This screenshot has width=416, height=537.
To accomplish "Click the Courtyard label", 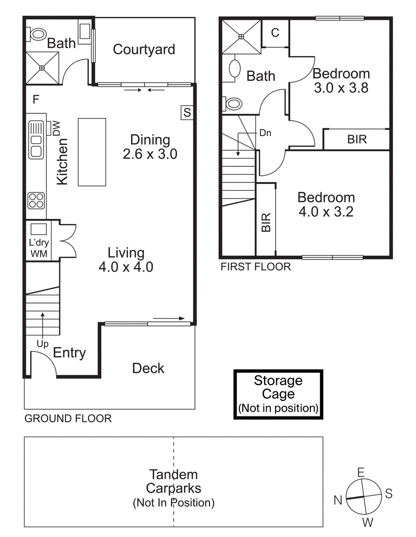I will point(144,50).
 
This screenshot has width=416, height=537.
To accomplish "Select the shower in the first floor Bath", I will point(241,36).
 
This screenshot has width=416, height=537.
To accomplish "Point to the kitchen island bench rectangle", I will point(92,152).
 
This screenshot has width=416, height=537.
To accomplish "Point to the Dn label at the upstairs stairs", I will point(265,133).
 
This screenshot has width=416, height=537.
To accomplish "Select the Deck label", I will point(148,369).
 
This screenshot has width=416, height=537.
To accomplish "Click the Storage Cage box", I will point(278,394).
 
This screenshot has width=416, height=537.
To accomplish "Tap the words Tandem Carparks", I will point(173,481).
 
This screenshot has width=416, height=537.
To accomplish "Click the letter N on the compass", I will point(337,500).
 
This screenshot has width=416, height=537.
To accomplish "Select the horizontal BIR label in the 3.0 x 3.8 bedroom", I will point(357,139).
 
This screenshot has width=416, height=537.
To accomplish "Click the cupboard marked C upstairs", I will point(275,33).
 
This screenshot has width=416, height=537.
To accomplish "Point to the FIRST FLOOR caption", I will point(255,267).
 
